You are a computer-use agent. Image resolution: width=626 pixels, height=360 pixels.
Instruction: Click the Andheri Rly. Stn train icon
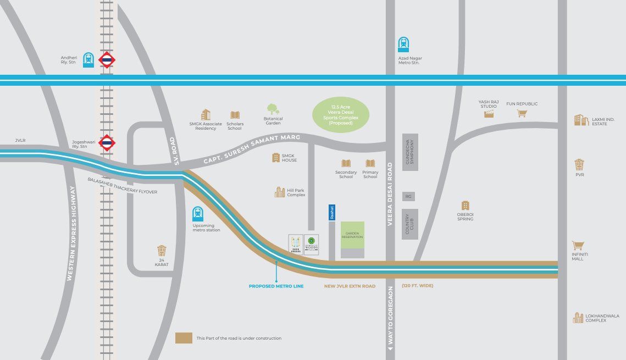tap(88, 59)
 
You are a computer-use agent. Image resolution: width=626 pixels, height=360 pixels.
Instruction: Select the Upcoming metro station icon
tap(197, 214)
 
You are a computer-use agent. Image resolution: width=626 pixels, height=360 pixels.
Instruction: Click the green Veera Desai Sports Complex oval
tap(341, 115)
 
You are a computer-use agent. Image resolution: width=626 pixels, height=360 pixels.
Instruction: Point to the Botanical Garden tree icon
tap(273, 109)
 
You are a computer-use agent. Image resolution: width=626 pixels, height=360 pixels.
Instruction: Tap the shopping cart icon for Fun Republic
tap(522, 113)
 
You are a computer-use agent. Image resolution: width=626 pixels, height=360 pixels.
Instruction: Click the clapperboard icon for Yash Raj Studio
tap(489, 114)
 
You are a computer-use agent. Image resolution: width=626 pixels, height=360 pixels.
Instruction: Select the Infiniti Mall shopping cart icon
tap(577, 245)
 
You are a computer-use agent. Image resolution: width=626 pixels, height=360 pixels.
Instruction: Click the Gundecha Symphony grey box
tap(411, 152)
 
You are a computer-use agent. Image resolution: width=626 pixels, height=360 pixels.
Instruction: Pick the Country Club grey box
tap(409, 224)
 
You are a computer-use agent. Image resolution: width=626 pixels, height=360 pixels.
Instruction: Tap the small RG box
tap(408, 196)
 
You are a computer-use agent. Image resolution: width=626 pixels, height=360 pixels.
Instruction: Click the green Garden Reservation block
tap(352, 235)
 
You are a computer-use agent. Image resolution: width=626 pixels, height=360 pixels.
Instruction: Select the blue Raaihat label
tap(331, 213)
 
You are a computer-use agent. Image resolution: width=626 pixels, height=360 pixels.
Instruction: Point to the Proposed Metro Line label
tap(276, 286)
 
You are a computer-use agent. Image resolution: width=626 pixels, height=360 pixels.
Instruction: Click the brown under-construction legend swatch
tap(184, 338)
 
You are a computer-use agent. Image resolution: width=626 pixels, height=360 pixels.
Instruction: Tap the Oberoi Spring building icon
tap(466, 206)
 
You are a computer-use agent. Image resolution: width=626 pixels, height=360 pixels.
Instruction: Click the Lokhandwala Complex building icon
tap(578, 318)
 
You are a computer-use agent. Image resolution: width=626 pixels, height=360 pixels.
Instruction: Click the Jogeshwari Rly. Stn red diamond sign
tap(107, 143)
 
